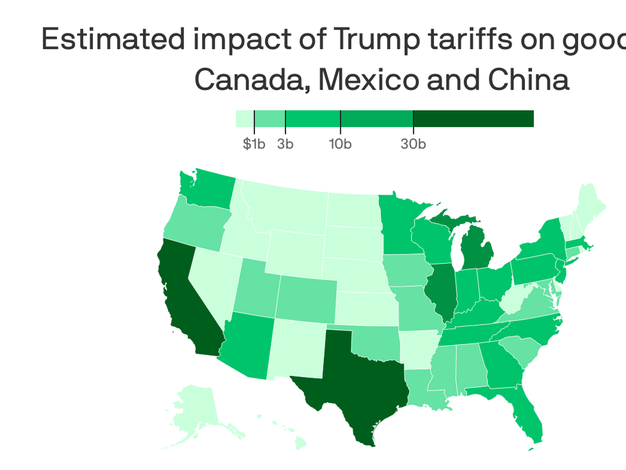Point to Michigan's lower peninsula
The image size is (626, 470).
(476, 251)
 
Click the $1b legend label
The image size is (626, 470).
(254, 144)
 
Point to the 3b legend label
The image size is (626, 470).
(285, 144)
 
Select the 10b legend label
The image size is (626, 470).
(340, 144)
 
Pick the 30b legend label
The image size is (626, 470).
(413, 144)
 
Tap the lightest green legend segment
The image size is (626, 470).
(245, 118)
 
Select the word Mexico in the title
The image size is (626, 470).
(368, 80)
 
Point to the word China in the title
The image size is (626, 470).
(528, 80)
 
